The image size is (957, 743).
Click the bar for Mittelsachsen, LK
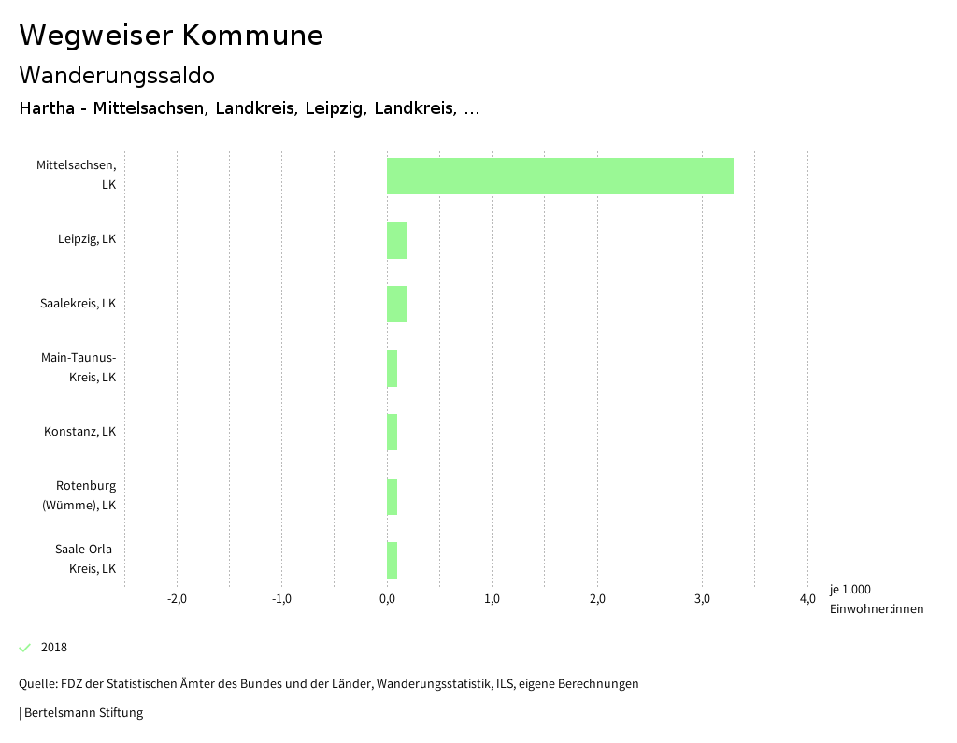(560, 176)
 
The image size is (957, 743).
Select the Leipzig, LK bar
(397, 240)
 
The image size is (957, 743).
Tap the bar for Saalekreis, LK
(397, 304)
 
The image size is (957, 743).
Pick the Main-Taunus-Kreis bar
(393, 368)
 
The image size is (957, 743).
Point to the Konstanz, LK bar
(393, 432)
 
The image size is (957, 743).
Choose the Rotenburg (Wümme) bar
(393, 496)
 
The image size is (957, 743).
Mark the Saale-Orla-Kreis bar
(393, 560)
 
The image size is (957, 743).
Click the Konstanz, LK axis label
(79, 432)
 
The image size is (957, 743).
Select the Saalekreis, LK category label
(78, 304)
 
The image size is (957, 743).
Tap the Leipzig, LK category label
(86, 239)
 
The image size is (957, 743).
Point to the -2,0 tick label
(177, 599)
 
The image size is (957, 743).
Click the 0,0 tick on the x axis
(387, 599)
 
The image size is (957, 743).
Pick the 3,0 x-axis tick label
(703, 599)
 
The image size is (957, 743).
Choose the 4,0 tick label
(807, 599)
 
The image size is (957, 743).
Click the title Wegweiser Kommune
(171, 36)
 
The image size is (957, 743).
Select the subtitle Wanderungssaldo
(117, 75)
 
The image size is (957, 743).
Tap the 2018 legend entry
(53, 648)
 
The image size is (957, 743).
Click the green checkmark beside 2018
(25, 648)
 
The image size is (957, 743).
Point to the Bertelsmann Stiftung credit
(82, 713)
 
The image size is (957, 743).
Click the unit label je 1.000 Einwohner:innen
(876, 599)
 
